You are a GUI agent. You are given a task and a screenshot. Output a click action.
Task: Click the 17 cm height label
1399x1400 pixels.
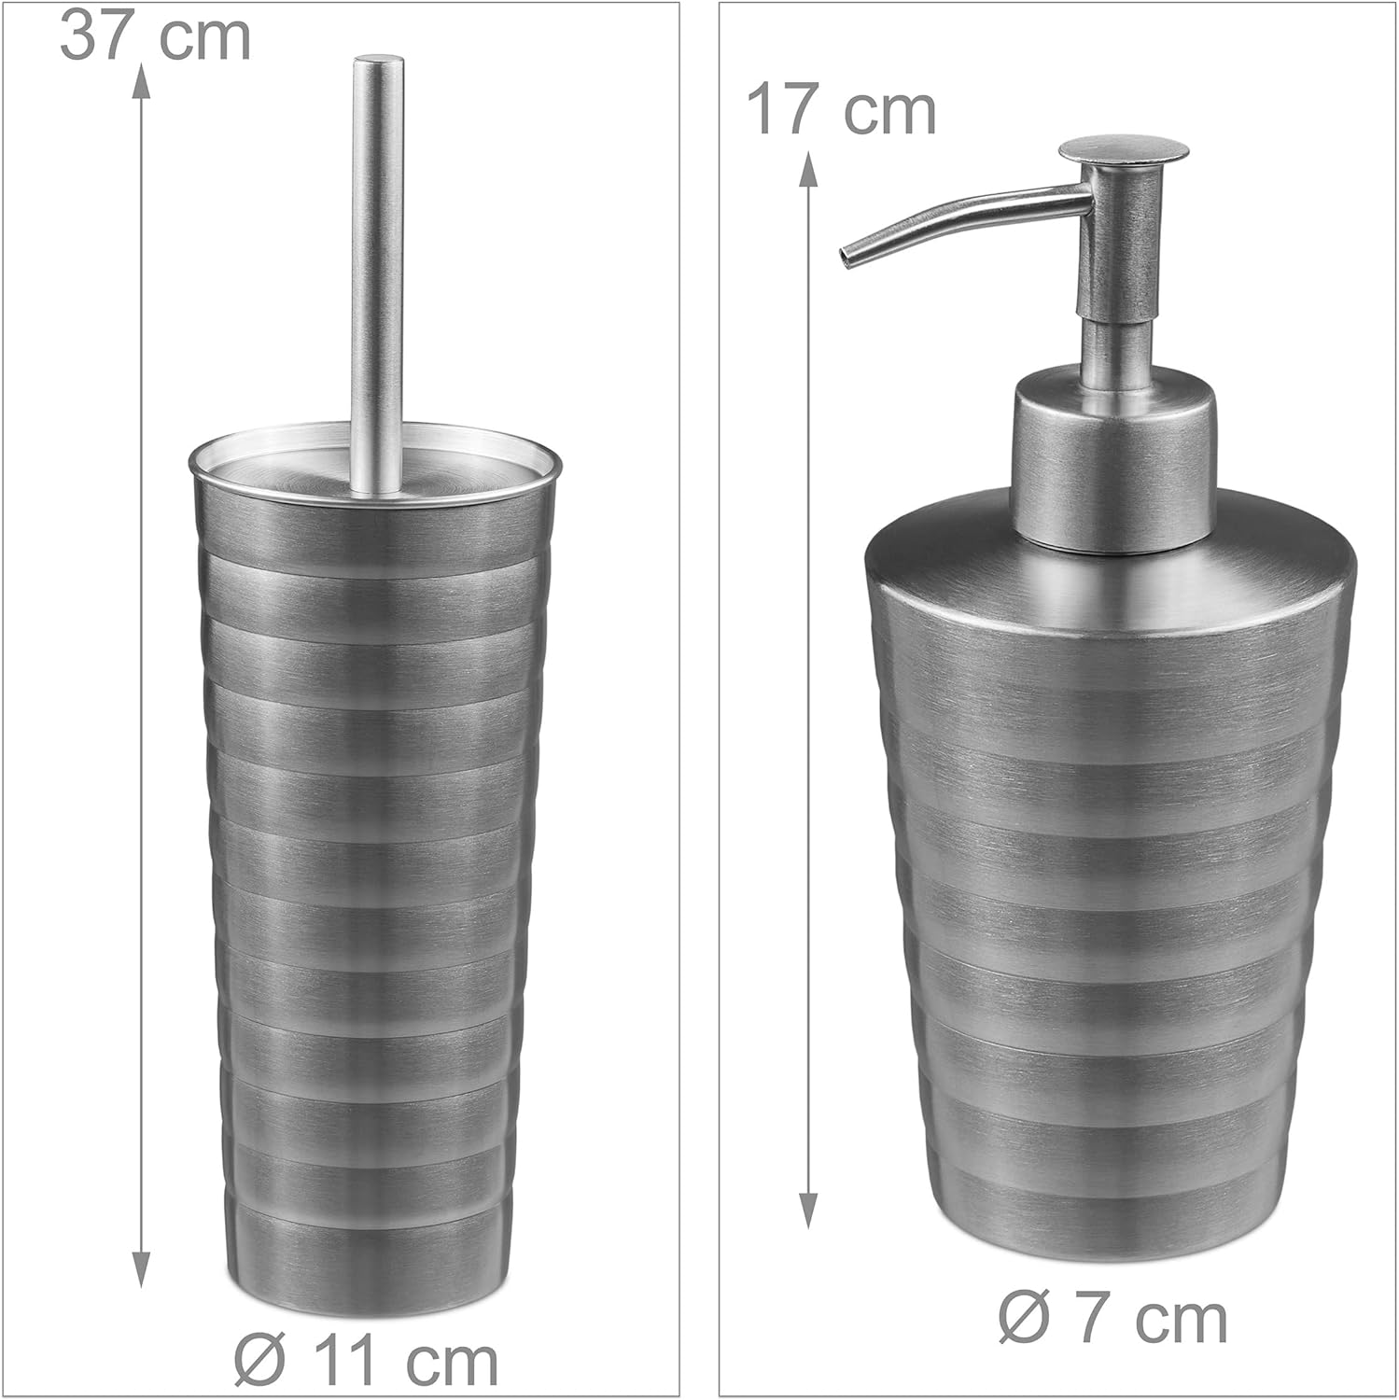point(842,112)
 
